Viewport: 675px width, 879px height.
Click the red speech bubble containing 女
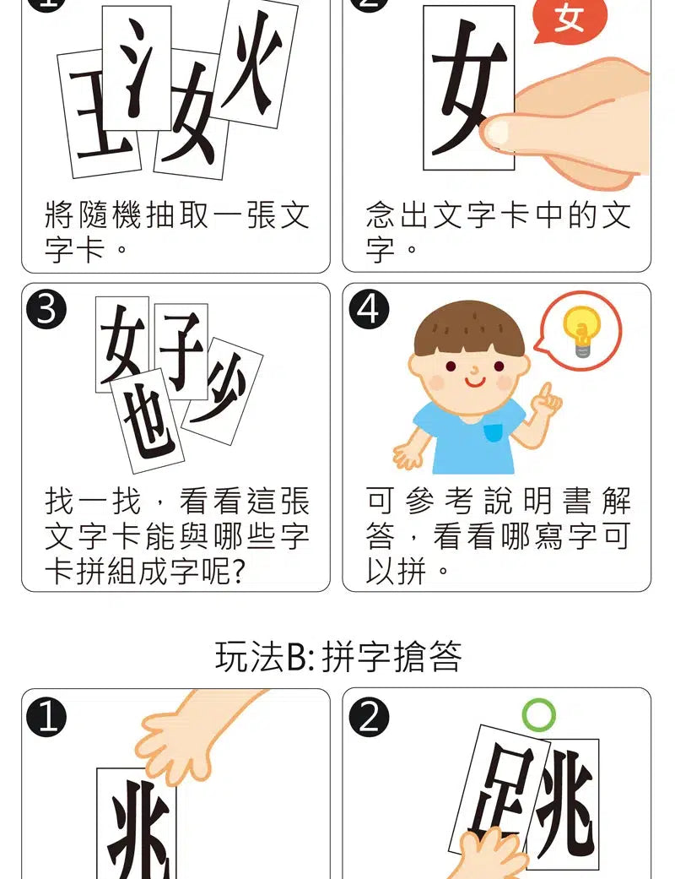point(569,19)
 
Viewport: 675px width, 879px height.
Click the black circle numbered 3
point(47,310)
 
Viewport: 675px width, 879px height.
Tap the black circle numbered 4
point(369,310)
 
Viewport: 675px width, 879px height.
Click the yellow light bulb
point(581,330)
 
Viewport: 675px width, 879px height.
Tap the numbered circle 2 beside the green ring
point(369,718)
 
